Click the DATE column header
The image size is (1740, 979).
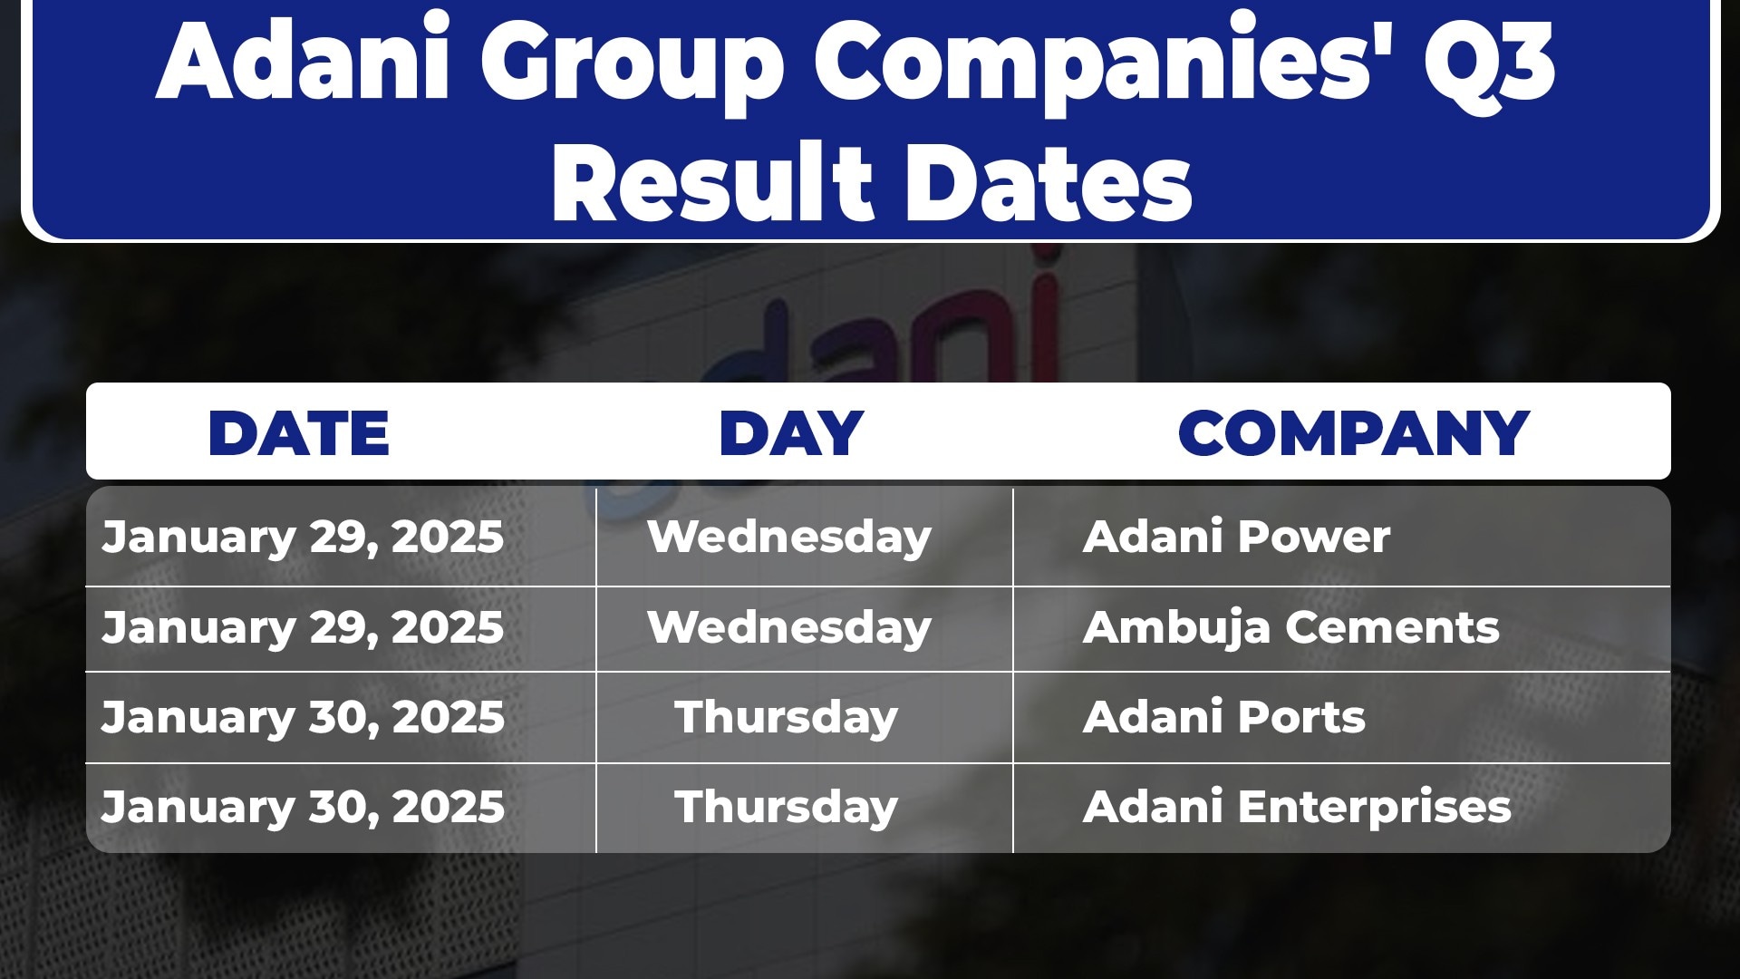pyautogui.click(x=299, y=433)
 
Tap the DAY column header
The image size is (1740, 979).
pyautogui.click(x=791, y=433)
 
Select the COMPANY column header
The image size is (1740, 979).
pyautogui.click(x=1354, y=433)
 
